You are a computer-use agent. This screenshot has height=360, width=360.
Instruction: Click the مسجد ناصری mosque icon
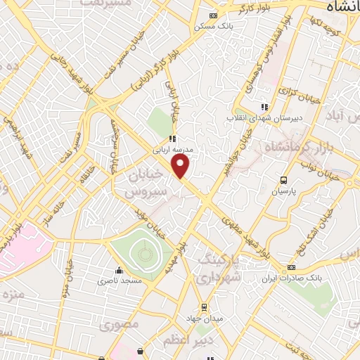coord(119,270)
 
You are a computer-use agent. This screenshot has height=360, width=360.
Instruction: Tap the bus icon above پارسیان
coord(283,180)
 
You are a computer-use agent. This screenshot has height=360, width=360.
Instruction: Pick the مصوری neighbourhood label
coord(115,326)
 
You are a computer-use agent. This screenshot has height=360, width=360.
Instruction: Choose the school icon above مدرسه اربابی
coord(172,139)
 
